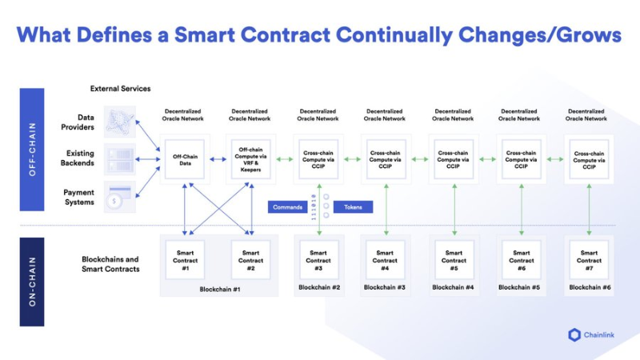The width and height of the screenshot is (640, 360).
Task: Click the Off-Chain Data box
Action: pos(185,160)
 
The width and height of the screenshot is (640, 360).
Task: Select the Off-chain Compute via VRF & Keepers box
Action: pos(250,160)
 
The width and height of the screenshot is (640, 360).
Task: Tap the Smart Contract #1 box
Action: pos(185,259)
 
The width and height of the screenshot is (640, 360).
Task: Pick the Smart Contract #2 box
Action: pos(250,259)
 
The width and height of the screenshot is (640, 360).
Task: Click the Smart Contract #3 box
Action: pos(318,259)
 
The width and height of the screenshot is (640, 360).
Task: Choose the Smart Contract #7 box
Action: pos(589,259)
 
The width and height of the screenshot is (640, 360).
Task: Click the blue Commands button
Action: pos(287,207)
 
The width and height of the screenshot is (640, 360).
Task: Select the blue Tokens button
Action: pos(353,207)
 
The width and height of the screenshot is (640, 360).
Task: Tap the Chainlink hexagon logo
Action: pos(574,334)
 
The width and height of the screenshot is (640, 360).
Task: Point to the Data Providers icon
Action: pos(120,122)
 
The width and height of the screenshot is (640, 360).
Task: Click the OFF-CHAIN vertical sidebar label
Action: pos(32,150)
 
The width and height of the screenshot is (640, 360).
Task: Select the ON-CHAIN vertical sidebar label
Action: pos(32,281)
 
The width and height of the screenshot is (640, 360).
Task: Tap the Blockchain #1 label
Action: pos(218,289)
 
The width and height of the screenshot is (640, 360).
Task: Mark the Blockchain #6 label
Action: pos(589,286)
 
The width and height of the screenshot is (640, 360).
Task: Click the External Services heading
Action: pos(120,88)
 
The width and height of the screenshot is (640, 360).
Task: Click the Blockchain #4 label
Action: pos(454,286)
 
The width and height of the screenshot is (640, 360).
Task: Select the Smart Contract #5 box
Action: pos(454,259)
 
